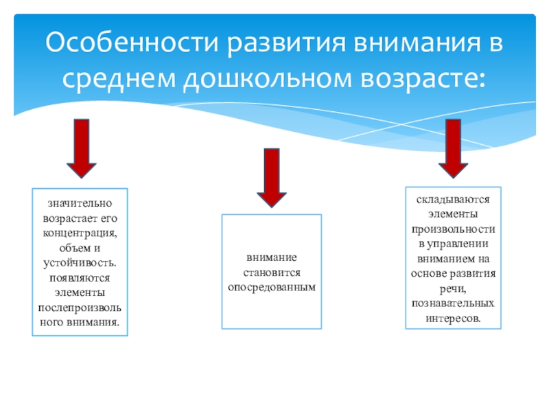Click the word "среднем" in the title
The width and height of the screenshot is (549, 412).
(119, 80)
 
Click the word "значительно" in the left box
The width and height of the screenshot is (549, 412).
(80, 204)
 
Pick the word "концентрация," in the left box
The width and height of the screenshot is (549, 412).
(80, 233)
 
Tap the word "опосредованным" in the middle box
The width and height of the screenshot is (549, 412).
(272, 286)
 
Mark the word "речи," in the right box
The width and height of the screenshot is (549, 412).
(453, 288)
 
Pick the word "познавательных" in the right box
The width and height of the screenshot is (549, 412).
(453, 303)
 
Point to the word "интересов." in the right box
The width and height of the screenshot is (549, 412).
(453, 318)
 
